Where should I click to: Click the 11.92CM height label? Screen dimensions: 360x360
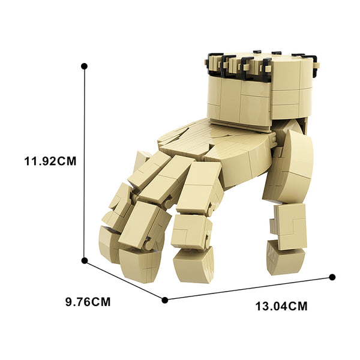50,161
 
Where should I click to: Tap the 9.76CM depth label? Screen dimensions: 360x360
88,302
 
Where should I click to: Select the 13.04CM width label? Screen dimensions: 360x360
281,306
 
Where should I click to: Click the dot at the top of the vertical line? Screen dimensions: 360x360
84,67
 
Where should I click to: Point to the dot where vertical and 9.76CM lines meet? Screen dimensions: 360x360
85,260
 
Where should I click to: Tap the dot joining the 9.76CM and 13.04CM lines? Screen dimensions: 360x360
165,300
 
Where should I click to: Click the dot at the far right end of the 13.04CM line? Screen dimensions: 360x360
332,277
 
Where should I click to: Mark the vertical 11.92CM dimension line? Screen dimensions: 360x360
85,163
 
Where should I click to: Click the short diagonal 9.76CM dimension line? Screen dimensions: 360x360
125,280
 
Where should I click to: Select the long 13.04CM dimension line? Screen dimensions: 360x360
248,289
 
